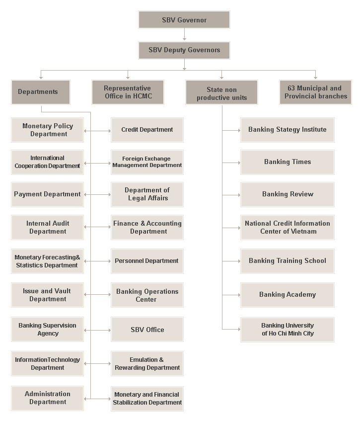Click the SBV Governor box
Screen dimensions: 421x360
[x=184, y=20]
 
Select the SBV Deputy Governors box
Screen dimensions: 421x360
[x=184, y=50]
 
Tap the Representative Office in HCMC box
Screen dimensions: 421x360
[x=128, y=92]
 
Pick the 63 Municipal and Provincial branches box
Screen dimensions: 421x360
[x=315, y=92]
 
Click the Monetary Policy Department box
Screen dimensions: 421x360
[x=48, y=130]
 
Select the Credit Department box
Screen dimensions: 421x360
[x=147, y=130]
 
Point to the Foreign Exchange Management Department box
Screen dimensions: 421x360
[x=147, y=162]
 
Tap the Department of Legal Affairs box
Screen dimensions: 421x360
[x=147, y=194]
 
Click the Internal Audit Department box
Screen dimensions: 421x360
[x=48, y=228]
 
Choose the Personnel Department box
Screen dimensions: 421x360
[x=147, y=261]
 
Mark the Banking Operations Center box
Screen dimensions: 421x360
[x=147, y=295]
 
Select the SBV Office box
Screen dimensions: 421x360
[x=147, y=330]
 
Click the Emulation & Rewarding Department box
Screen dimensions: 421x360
[x=147, y=364]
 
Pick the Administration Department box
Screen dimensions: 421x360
[x=48, y=398]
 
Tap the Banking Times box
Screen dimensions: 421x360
[x=288, y=162]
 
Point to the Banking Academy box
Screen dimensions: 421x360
[x=288, y=295]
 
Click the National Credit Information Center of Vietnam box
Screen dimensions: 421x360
[x=288, y=228]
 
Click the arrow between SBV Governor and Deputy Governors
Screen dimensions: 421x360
[x=184, y=35]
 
